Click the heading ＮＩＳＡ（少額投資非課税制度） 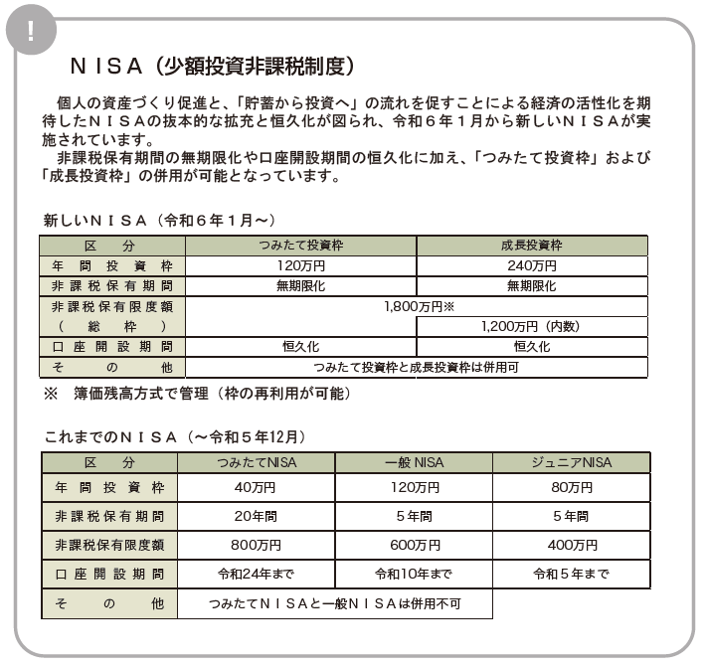coord(212,67)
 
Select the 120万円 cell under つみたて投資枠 coord(300,265)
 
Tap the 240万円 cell coord(531,265)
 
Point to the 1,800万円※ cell coord(417,306)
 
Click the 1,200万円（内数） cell coord(531,326)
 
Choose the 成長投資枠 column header coord(531,245)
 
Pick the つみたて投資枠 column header coord(300,245)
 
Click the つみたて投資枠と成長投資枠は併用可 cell coord(417,367)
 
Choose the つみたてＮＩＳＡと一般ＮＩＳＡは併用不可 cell coord(334,603)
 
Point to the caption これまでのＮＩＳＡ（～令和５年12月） coord(174,435)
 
